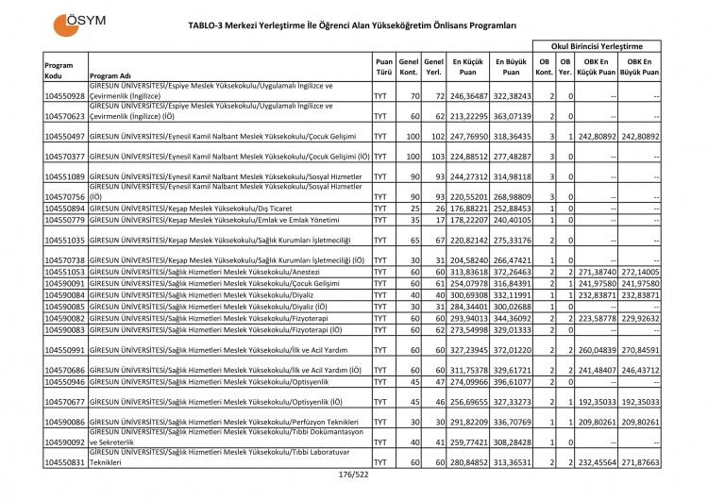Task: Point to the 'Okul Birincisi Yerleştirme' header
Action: pyautogui.click(x=596, y=44)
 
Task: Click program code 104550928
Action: pyautogui.click(x=64, y=96)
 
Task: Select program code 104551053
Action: pyautogui.click(x=64, y=271)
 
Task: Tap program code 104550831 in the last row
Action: pyautogui.click(x=64, y=462)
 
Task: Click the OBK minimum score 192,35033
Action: pyautogui.click(x=598, y=401)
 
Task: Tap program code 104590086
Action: pyautogui.click(x=64, y=421)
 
